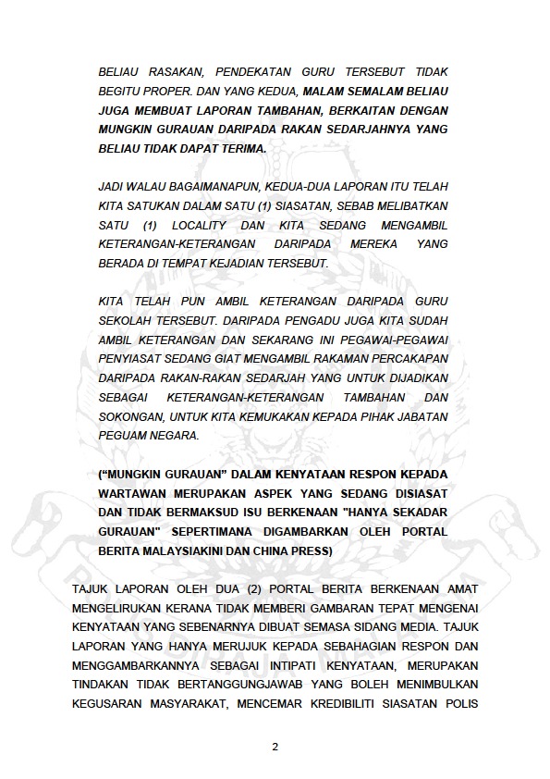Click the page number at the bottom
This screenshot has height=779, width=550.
click(275, 747)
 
